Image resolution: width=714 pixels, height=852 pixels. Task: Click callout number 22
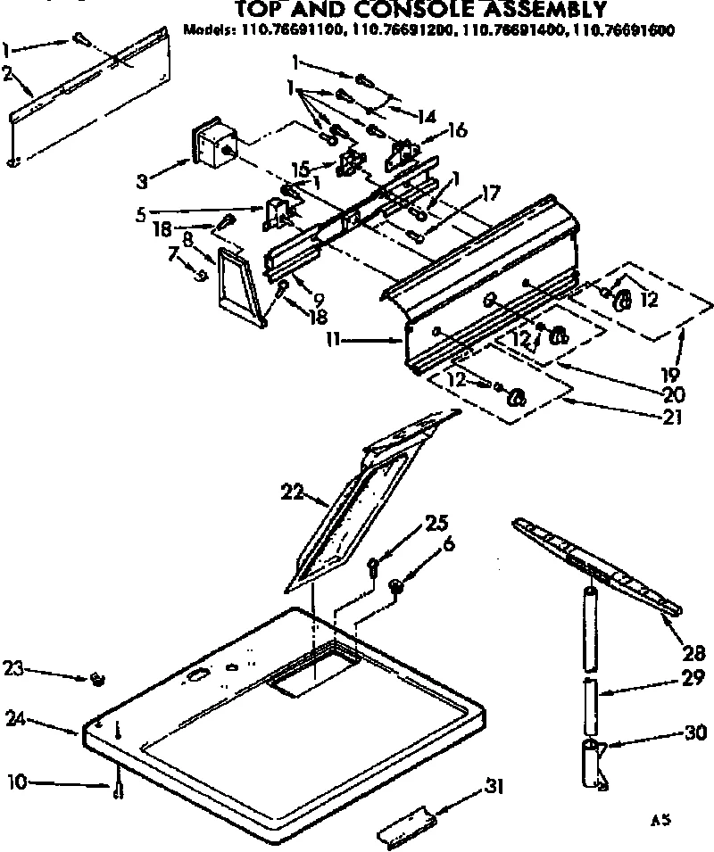pyautogui.click(x=291, y=490)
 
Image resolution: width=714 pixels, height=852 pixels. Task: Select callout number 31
pyautogui.click(x=494, y=786)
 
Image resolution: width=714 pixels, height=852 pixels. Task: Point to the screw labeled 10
pyautogui.click(x=118, y=790)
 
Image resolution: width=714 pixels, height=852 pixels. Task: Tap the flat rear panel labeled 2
pyautogui.click(x=89, y=94)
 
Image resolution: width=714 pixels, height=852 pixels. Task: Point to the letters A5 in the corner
pyautogui.click(x=660, y=817)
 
